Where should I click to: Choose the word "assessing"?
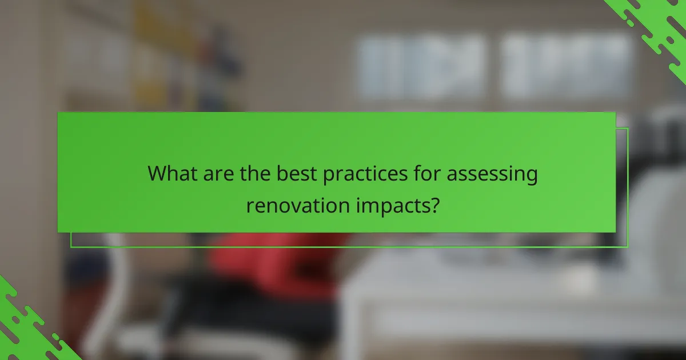[492, 175]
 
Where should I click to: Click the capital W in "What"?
[157, 174]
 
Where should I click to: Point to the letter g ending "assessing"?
[531, 177]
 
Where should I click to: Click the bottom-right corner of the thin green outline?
[628, 247]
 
